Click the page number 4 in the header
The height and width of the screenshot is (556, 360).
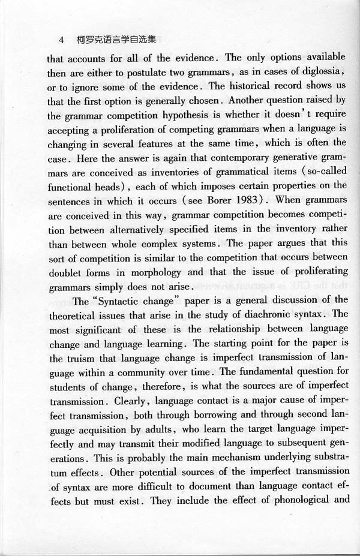(61, 40)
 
